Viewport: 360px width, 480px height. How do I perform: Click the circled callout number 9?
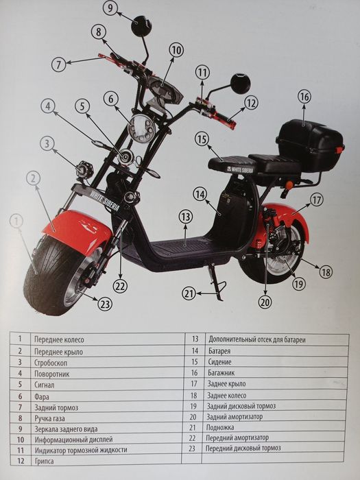110,8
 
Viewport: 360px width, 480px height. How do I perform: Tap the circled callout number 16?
304,97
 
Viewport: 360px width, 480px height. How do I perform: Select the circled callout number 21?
189,293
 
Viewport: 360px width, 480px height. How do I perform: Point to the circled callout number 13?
186,217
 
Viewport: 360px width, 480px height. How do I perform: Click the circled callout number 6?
111,99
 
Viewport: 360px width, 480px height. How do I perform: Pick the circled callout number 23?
105,304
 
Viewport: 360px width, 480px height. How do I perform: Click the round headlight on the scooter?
142,128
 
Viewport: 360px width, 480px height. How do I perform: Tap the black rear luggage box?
309,145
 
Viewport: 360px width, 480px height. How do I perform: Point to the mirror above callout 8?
141,26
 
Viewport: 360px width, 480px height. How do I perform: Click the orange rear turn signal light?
289,185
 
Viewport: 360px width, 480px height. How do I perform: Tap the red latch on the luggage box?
339,150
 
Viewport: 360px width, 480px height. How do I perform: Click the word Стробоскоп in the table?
51,363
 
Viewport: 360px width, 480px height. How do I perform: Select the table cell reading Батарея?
219,351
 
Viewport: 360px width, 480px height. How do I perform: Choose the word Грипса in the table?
45,461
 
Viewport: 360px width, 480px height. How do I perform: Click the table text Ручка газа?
49,418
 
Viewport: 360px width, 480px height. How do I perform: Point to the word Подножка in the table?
220,427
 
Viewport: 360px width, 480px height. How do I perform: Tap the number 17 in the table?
194,383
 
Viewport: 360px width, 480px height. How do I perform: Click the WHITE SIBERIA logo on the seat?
240,169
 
